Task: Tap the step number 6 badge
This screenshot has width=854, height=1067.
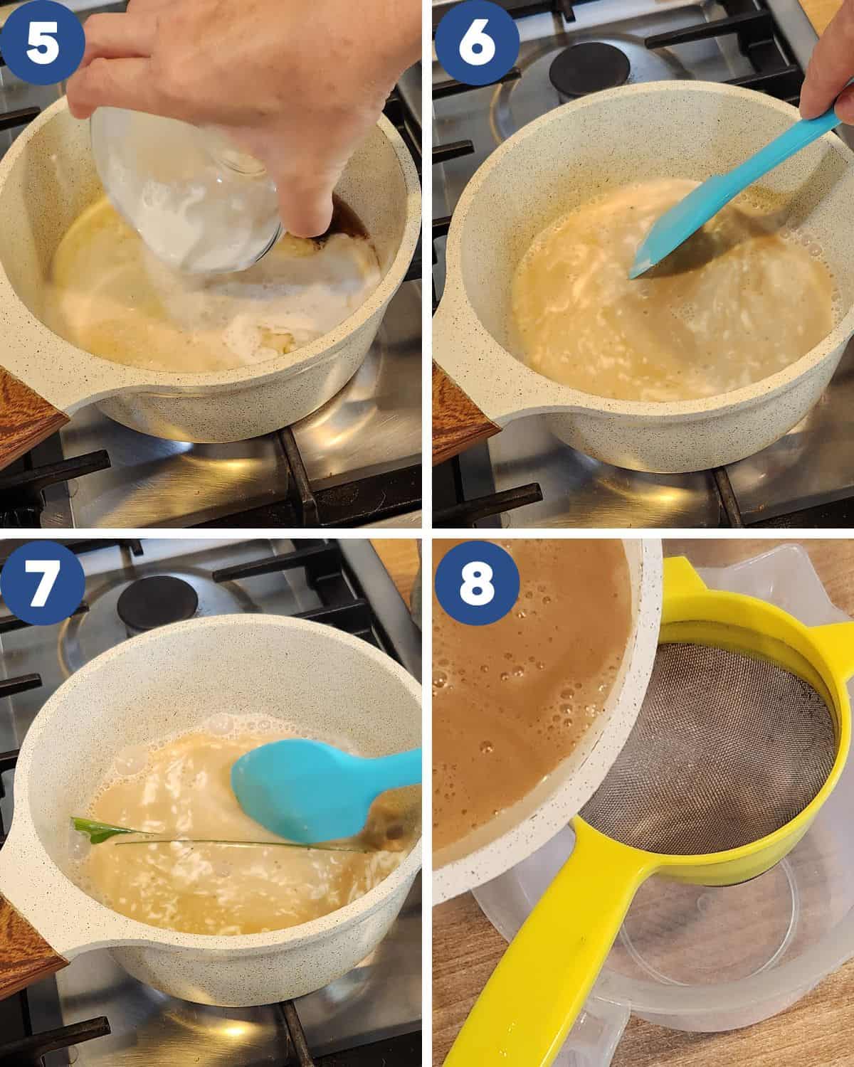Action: tap(475, 44)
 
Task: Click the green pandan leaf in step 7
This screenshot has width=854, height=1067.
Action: tap(93, 829)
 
